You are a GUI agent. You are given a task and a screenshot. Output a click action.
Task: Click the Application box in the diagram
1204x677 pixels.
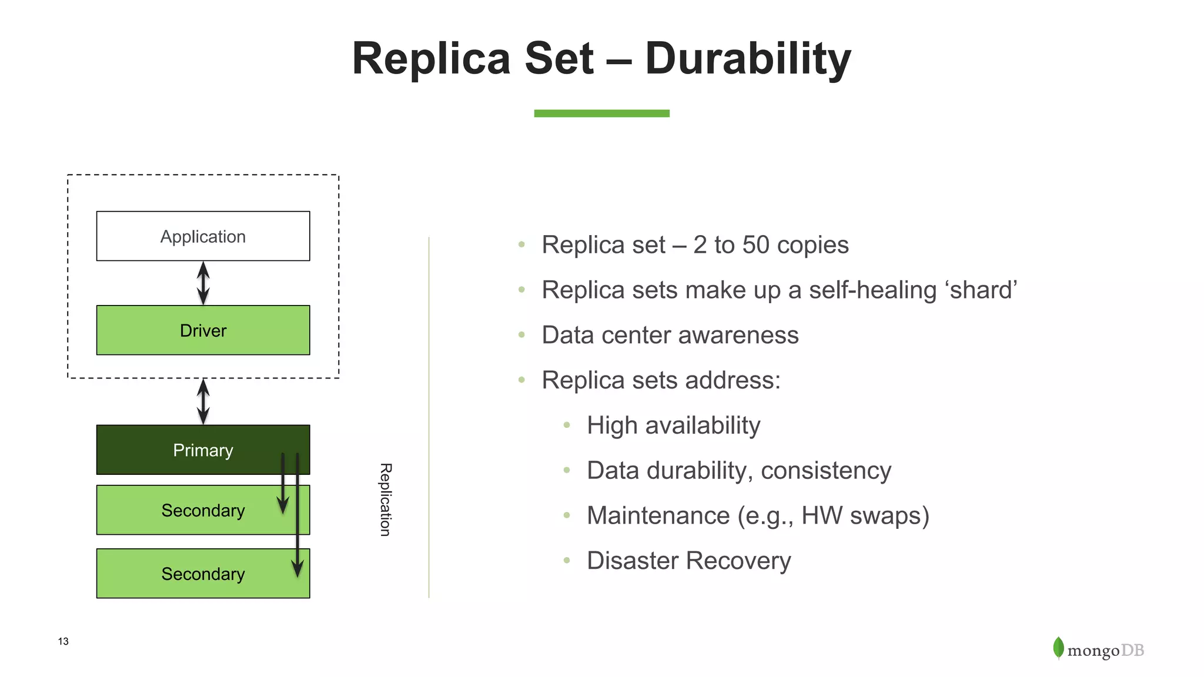203,236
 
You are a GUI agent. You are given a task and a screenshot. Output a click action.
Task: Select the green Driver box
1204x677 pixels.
203,330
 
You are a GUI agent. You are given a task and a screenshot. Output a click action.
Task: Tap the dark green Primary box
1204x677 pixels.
203,450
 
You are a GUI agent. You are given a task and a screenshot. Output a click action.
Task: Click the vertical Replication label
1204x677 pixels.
385,500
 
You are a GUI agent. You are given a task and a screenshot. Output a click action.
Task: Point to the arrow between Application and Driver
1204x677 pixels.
203,283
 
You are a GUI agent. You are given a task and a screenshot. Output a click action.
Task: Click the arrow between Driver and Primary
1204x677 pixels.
203,401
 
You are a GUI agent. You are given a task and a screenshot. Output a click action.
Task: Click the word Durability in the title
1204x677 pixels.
748,59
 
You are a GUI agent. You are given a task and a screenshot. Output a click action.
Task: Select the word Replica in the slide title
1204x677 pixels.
432,59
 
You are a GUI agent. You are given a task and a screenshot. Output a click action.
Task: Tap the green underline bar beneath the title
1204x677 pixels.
601,113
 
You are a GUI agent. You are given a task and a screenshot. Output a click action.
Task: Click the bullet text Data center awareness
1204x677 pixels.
670,336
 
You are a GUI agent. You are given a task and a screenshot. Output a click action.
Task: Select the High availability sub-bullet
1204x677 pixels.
673,425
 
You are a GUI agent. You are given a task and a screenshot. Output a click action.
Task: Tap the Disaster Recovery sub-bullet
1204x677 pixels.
688,561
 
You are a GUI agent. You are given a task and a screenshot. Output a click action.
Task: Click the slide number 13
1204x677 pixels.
63,641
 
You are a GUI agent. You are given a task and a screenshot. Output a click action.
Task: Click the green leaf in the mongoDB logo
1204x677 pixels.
1058,648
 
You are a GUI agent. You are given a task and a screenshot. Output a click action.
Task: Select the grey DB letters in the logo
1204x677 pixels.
1132,651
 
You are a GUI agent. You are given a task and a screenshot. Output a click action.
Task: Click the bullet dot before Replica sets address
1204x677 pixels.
521,380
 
